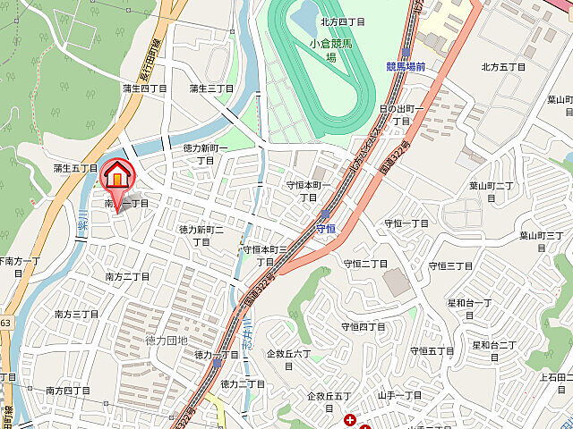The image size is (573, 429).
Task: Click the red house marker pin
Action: tap(116, 176)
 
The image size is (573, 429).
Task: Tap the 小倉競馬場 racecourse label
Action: tap(331, 50)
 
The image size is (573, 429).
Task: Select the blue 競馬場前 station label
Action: tap(406, 67)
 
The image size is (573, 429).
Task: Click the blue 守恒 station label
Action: tap(327, 230)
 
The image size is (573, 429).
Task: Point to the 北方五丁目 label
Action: tap(502, 66)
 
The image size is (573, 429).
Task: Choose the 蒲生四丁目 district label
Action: tap(144, 88)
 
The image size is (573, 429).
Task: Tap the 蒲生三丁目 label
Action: tap(212, 88)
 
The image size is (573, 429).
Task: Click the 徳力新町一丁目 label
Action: tap(206, 154)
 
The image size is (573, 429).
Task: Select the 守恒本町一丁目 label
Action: tap(308, 190)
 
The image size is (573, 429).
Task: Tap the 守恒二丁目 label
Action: tap(365, 264)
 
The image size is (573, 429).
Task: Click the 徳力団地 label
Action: tap(167, 340)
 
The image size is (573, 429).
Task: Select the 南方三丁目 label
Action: tap(76, 314)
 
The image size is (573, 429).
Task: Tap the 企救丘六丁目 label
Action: tap(288, 359)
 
